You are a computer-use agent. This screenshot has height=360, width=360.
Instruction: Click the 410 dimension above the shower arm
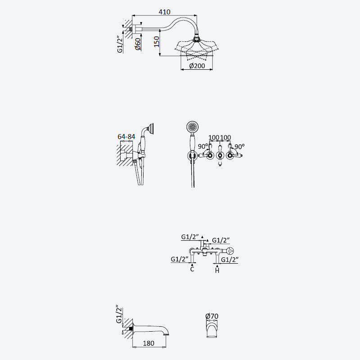pos(164,12)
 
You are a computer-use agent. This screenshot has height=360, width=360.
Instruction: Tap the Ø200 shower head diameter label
pos(197,66)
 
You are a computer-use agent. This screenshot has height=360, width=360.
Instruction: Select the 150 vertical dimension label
pos(156,41)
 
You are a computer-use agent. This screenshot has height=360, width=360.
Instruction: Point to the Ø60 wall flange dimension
pos(138,44)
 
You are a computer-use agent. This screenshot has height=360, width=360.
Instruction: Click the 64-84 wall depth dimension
pos(126,137)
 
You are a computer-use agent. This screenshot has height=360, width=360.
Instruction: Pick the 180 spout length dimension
pos(148,343)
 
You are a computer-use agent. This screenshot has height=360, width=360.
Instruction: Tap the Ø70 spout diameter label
pos(211,316)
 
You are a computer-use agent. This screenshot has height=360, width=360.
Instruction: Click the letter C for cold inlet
pos(192,269)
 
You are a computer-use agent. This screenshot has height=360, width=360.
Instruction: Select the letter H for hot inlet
pos(217,270)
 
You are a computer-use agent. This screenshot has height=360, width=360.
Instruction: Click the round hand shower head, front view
pos(193,127)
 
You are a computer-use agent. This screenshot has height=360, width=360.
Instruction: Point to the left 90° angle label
pos(203,146)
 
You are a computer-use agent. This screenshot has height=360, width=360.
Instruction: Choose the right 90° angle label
pos(239,147)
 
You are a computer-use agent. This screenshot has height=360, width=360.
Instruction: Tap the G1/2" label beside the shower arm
pos(120,44)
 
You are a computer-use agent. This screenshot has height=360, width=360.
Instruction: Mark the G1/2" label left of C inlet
pos(180,259)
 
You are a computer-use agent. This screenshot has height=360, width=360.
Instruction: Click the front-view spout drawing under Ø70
pos(211,329)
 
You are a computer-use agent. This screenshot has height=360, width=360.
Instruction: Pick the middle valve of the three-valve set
pos(220,155)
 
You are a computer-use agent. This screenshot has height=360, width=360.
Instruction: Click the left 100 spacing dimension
pos(214,138)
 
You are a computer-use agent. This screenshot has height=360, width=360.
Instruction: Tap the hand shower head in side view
pos(150,129)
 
